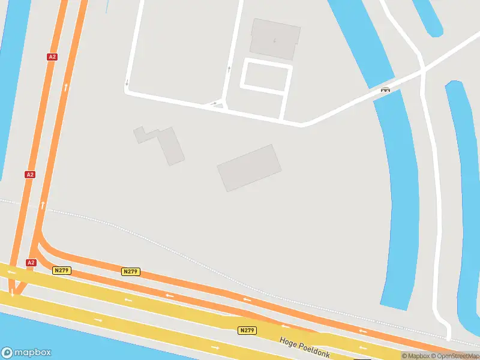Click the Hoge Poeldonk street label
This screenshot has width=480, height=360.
tap(305, 347)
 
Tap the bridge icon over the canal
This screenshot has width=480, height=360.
tap(385, 91)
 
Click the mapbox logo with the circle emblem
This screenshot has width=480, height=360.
tap(26, 353)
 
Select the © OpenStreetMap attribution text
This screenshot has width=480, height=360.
tap(454, 356)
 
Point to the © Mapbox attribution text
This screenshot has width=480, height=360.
tap(415, 356)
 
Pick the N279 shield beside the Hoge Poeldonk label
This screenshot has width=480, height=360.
tap(247, 331)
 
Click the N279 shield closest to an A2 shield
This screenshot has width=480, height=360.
tap(62, 271)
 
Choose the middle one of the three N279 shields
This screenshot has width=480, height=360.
tap(131, 272)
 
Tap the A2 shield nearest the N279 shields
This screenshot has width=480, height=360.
tap(31, 263)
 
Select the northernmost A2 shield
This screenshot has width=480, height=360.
tap(52, 56)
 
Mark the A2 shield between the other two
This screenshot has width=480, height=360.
tap(30, 175)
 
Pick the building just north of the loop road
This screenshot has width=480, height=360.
tap(275, 39)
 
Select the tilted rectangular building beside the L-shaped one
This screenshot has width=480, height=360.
tap(249, 168)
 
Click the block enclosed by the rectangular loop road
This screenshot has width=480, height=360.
tap(266, 77)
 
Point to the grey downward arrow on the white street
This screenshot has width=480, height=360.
tap(127, 83)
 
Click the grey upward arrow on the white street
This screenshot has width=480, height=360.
tap(229, 70)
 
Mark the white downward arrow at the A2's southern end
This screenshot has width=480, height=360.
tap(12, 294)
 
